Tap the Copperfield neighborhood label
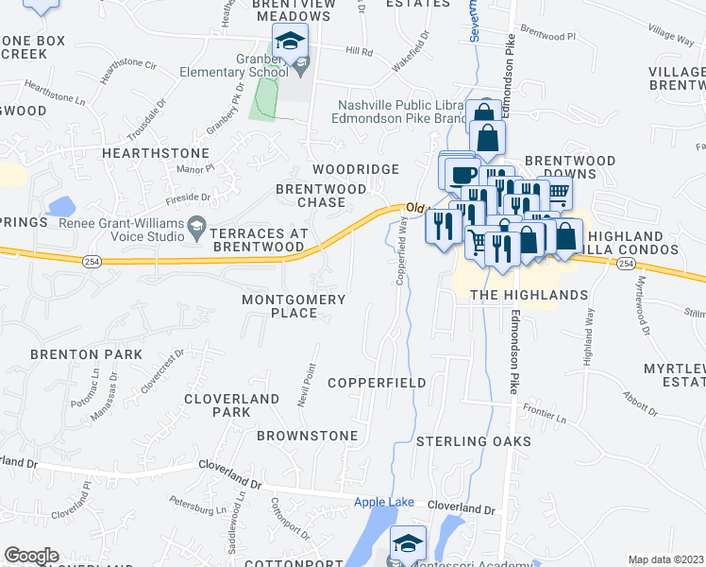(377, 383)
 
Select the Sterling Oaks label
(474, 441)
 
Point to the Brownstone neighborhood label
(308, 436)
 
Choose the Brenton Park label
(86, 354)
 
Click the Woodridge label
(364, 168)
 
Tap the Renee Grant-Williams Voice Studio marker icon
(196, 224)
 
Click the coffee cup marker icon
(462, 174)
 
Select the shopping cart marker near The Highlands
(478, 243)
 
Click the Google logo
(31, 556)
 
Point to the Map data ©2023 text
(665, 559)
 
